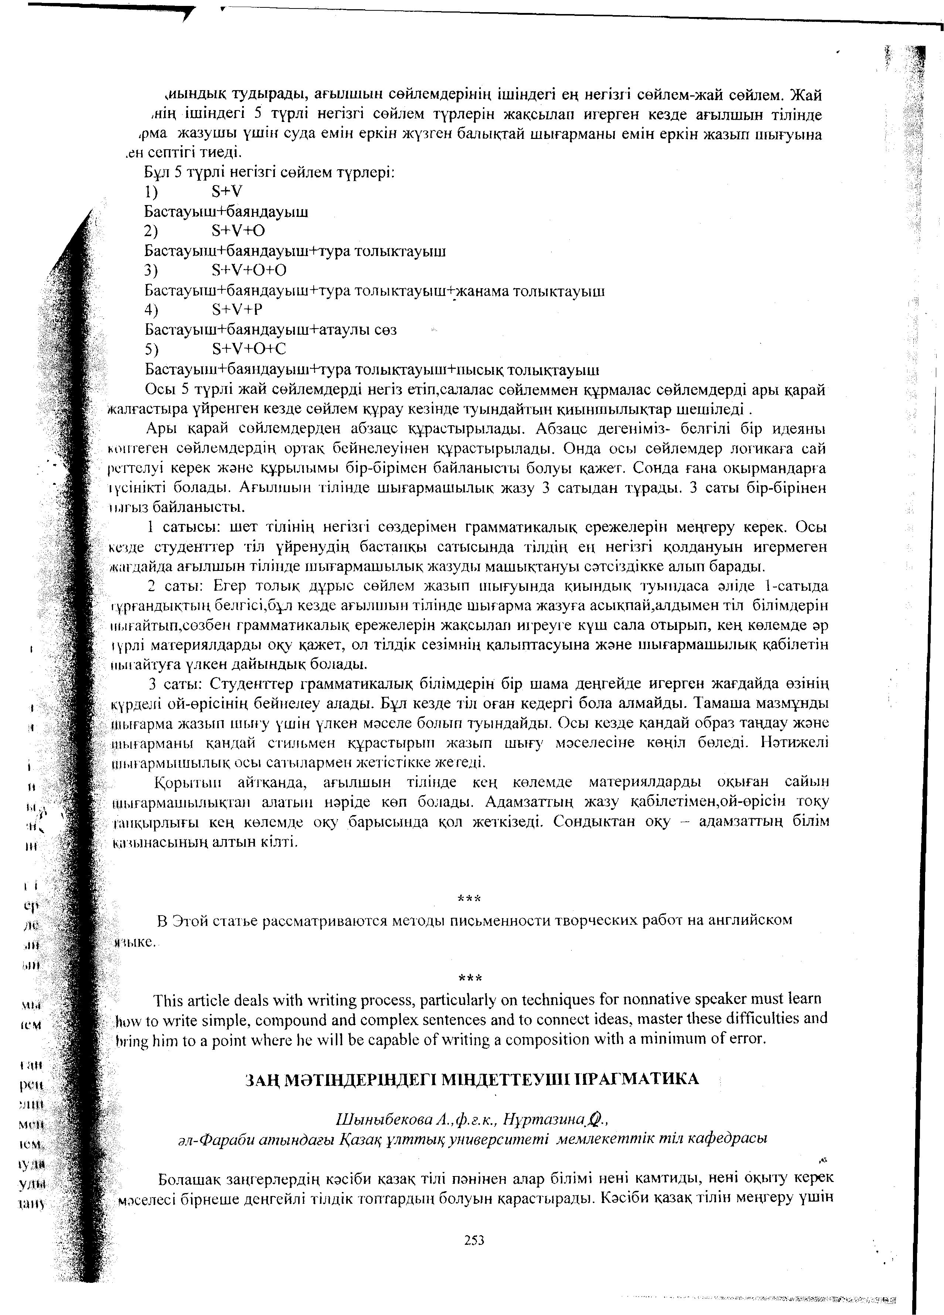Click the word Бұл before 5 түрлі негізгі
tap(156, 172)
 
